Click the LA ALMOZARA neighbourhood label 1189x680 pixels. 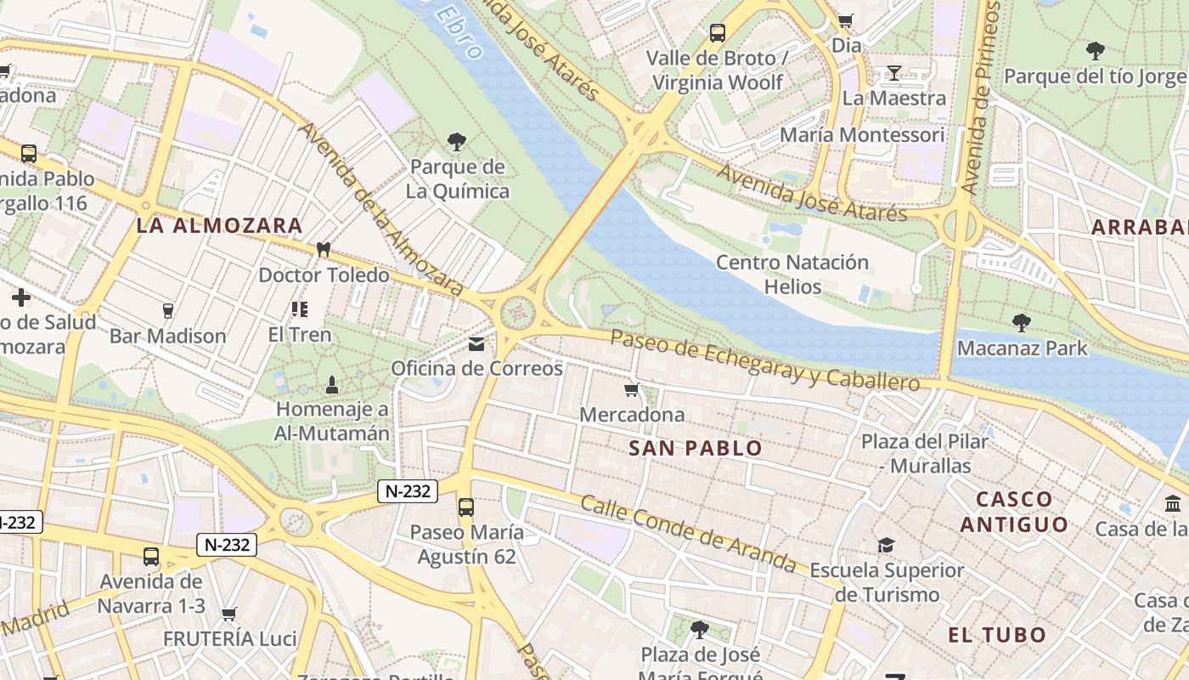pyautogui.click(x=219, y=225)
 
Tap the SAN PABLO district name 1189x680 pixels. pyautogui.click(x=696, y=448)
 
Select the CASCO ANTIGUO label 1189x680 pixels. pyautogui.click(x=1014, y=511)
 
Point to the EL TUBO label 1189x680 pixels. pyautogui.click(x=997, y=634)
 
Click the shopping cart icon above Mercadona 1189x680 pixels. pyautogui.click(x=631, y=389)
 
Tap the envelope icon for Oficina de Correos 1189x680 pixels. pyautogui.click(x=476, y=344)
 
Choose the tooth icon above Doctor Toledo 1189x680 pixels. pyautogui.click(x=323, y=249)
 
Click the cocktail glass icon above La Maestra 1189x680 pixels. pyautogui.click(x=893, y=73)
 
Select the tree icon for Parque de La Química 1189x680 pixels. pyautogui.click(x=457, y=141)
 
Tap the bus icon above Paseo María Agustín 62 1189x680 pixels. pyautogui.click(x=465, y=507)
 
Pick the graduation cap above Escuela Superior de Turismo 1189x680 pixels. pyautogui.click(x=886, y=545)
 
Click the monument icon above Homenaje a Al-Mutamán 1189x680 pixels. pyautogui.click(x=332, y=384)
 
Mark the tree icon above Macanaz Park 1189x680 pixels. pyautogui.click(x=1021, y=323)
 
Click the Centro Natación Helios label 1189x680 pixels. pyautogui.click(x=792, y=274)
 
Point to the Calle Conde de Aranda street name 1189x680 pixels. pyautogui.click(x=689, y=534)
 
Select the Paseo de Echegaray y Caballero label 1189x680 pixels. pyautogui.click(x=764, y=360)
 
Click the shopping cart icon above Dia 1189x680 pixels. pyautogui.click(x=845, y=20)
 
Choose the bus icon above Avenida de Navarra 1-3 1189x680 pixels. pyautogui.click(x=151, y=557)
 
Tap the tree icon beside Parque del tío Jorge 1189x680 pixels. pyautogui.click(x=1096, y=51)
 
